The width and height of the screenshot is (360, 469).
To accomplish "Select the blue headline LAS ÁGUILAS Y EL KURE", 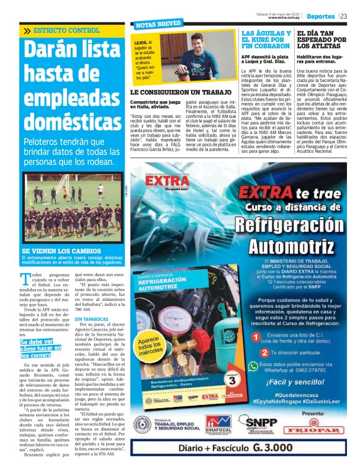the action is [265, 39].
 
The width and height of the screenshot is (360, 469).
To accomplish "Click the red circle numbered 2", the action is [256, 352].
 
